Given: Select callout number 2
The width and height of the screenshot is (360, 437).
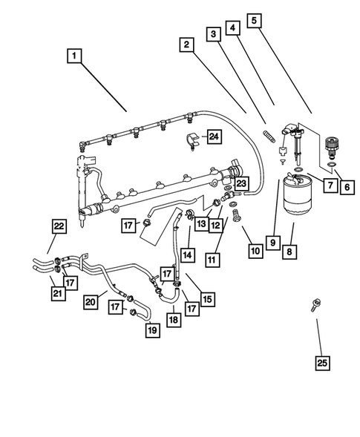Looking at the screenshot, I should tap(186, 45).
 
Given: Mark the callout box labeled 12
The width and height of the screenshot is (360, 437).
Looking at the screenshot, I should tap(216, 225).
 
